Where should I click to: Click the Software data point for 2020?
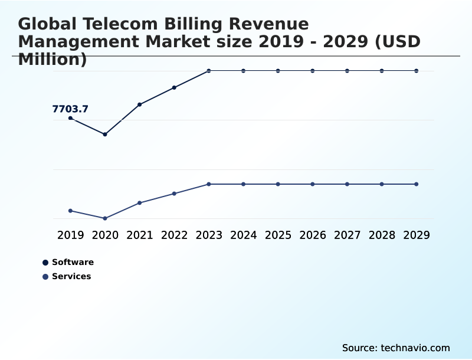tap(105, 135)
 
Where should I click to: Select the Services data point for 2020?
tap(105, 218)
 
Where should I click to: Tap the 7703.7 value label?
tap(70, 109)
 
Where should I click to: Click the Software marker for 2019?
tap(71, 118)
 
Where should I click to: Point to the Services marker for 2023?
tap(209, 184)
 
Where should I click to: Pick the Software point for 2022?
tap(174, 87)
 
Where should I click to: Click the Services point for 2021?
tap(140, 203)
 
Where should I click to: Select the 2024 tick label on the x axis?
tap(243, 235)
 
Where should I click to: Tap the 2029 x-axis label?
tap(416, 235)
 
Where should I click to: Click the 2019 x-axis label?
tap(71, 235)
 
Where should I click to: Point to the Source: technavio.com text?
tap(396, 348)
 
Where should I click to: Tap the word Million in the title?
tap(48, 60)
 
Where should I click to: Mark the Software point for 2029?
tap(416, 71)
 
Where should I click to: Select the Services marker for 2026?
tap(313, 184)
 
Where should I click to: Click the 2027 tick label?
tap(347, 235)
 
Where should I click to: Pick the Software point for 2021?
tap(140, 104)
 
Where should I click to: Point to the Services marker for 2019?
tap(71, 211)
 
